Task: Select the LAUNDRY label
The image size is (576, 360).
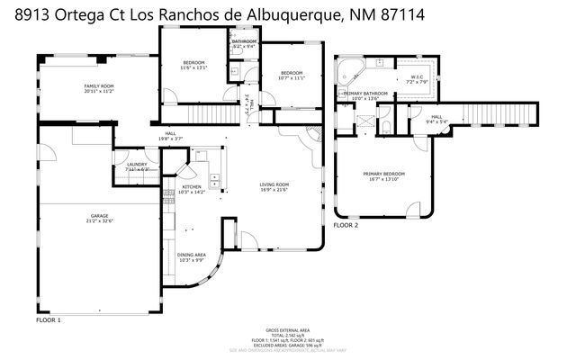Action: pos(137,165)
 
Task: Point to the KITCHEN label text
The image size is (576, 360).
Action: pos(193,186)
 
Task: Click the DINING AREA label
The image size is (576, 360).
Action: pos(193,255)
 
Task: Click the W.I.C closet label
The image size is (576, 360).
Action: pos(418,77)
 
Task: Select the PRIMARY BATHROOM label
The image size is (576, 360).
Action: pos(364,93)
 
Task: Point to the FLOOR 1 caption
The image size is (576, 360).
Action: pos(48,320)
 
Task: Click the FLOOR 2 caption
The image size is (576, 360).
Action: pos(346,225)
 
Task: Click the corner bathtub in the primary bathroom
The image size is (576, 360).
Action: pos(346,68)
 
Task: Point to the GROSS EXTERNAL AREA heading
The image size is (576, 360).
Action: pos(287,330)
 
